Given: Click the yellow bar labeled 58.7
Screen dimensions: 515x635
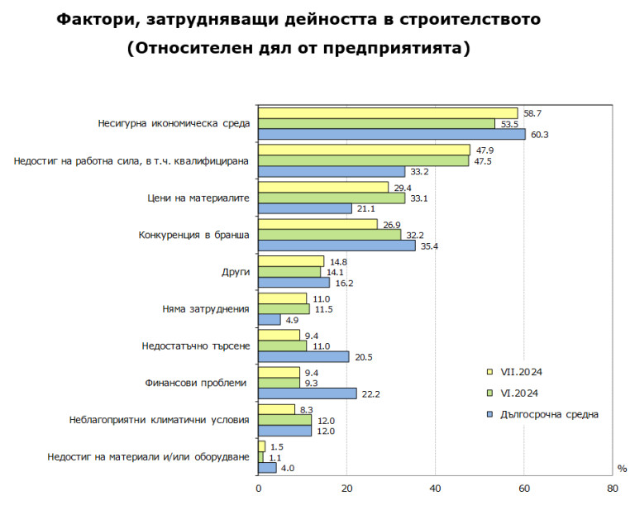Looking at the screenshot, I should tap(388, 113).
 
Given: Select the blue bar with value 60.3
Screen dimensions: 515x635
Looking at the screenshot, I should tap(391, 134).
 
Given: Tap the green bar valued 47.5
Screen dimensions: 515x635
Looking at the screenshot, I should tap(363, 161).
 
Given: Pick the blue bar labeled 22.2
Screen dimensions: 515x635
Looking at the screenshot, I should tap(308, 393).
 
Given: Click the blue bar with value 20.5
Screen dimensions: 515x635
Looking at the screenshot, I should tap(303, 356).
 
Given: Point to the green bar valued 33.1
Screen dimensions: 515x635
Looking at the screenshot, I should tap(332, 198).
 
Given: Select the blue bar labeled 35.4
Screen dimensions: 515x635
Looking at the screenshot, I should tap(337, 246).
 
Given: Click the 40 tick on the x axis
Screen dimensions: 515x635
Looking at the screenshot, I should tap(435, 489).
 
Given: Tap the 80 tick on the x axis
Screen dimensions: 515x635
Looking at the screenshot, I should tap(612, 489).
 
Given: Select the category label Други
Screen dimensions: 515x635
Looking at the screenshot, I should tap(236, 272).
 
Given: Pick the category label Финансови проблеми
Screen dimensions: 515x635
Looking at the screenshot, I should tap(197, 383).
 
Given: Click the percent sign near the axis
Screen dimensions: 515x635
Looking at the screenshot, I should tap(622, 469).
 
